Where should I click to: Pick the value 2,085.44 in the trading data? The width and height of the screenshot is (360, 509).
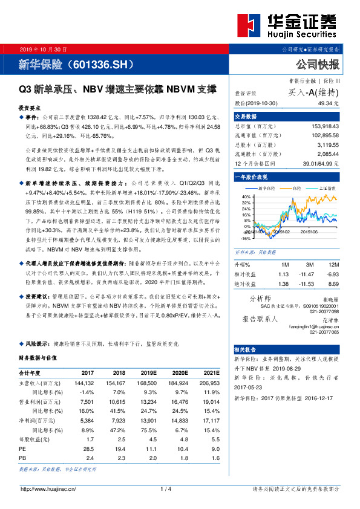click(326, 154)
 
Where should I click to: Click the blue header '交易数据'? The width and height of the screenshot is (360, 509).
click(246, 115)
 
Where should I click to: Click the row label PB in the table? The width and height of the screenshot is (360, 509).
click(22, 442)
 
